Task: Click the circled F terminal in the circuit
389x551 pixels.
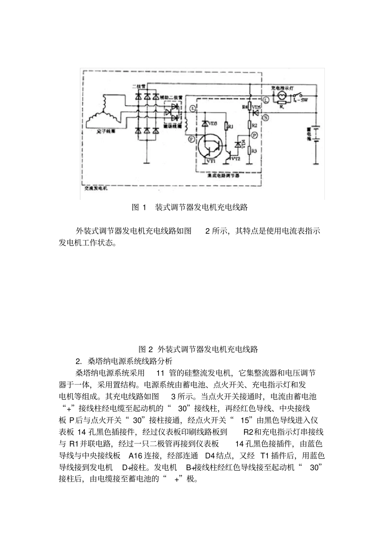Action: (191, 139)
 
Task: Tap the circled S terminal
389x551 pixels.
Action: (266, 117)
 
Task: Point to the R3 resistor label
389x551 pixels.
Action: (254, 150)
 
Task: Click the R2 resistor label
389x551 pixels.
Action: (254, 125)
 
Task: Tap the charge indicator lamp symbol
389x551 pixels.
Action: (281, 95)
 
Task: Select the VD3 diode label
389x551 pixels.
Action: (213, 123)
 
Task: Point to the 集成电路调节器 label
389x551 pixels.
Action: (224, 175)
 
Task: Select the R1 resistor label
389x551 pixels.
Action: (230, 127)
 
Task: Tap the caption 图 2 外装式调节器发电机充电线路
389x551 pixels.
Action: (198, 349)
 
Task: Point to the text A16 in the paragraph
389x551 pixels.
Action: (135, 456)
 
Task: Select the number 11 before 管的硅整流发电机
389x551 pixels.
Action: (160, 373)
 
